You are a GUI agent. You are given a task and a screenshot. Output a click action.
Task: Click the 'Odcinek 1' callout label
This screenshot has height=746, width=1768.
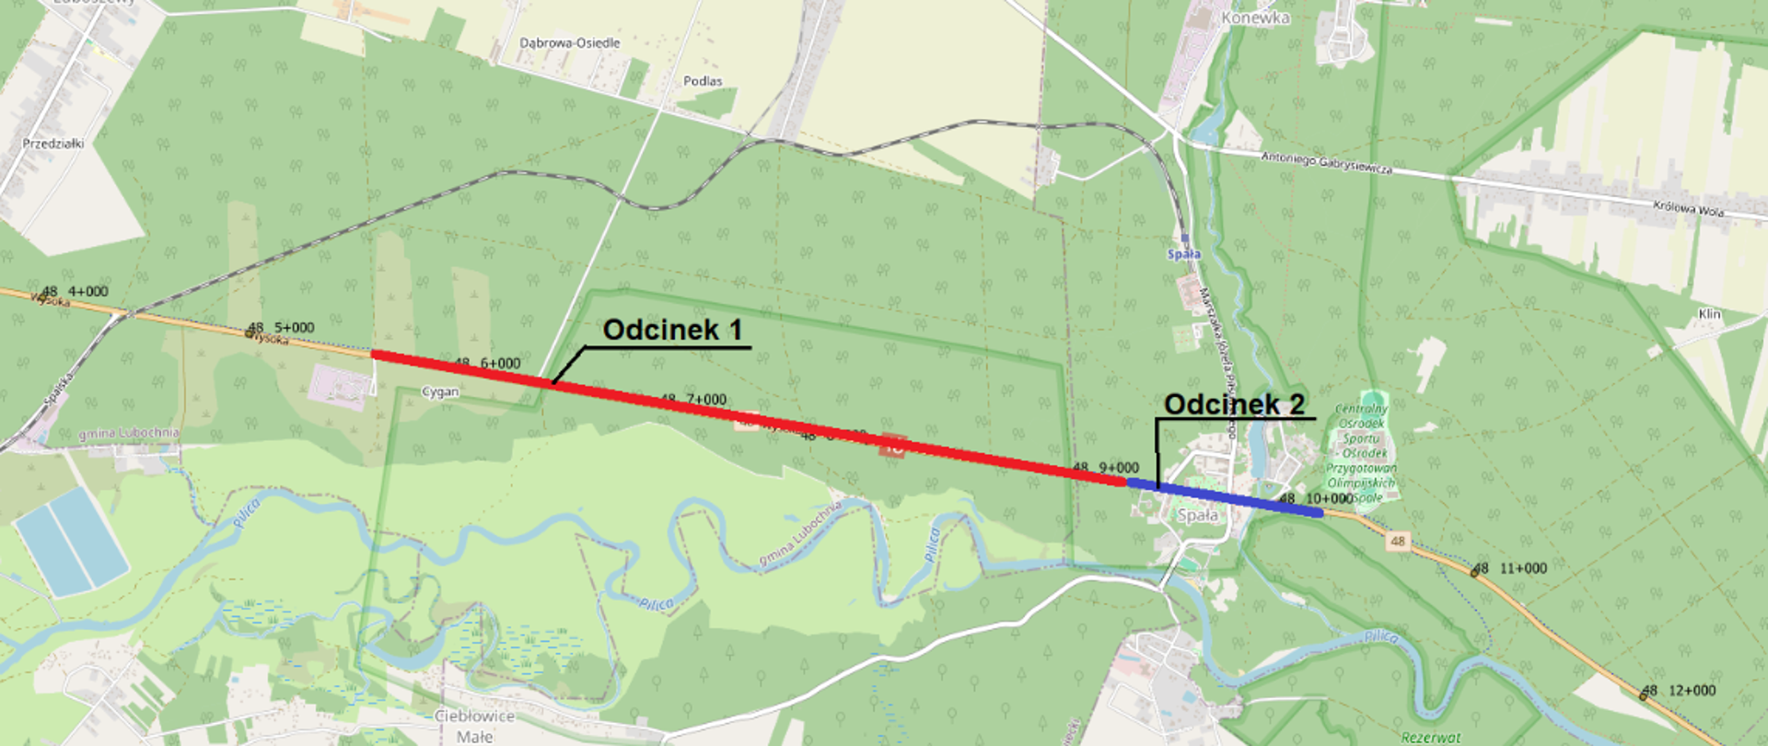(x=672, y=330)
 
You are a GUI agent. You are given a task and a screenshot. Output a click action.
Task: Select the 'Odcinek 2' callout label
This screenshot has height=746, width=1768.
(x=1234, y=403)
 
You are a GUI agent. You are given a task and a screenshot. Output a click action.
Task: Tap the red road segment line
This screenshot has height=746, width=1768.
(x=737, y=415)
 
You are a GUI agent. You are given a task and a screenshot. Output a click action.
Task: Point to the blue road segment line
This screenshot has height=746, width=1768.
(x=1225, y=498)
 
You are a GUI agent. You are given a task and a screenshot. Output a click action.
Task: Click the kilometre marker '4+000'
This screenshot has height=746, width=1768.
(x=88, y=292)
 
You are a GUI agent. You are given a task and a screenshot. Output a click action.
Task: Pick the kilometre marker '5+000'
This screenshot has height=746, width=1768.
(x=294, y=328)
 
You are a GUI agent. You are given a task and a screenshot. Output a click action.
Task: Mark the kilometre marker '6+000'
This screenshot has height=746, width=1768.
(x=500, y=364)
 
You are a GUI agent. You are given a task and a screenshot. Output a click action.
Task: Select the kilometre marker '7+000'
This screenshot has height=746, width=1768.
(x=706, y=400)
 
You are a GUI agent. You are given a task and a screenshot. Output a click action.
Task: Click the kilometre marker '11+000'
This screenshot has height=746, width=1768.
(x=1523, y=568)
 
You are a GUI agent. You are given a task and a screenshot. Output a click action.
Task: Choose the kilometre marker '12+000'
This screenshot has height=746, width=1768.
(x=1692, y=691)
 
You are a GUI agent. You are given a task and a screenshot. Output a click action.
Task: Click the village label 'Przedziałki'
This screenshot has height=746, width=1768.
(x=53, y=144)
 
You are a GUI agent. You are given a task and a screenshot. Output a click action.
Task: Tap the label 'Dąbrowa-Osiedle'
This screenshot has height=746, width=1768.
(x=569, y=43)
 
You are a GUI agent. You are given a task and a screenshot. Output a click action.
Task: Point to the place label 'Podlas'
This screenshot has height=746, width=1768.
(x=703, y=81)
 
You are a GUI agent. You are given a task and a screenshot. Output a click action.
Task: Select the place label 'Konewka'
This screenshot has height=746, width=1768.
(x=1255, y=17)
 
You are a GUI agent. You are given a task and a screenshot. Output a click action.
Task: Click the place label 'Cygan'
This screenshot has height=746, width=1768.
(x=440, y=392)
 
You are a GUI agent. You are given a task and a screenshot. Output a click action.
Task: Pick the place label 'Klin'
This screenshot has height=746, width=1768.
(x=1709, y=314)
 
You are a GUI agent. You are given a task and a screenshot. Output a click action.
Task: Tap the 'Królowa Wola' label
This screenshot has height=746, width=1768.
(x=1688, y=209)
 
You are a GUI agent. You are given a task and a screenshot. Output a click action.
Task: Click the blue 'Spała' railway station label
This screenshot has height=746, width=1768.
(x=1184, y=254)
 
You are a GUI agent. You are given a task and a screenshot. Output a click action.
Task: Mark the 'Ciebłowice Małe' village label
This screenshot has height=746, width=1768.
(x=474, y=726)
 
